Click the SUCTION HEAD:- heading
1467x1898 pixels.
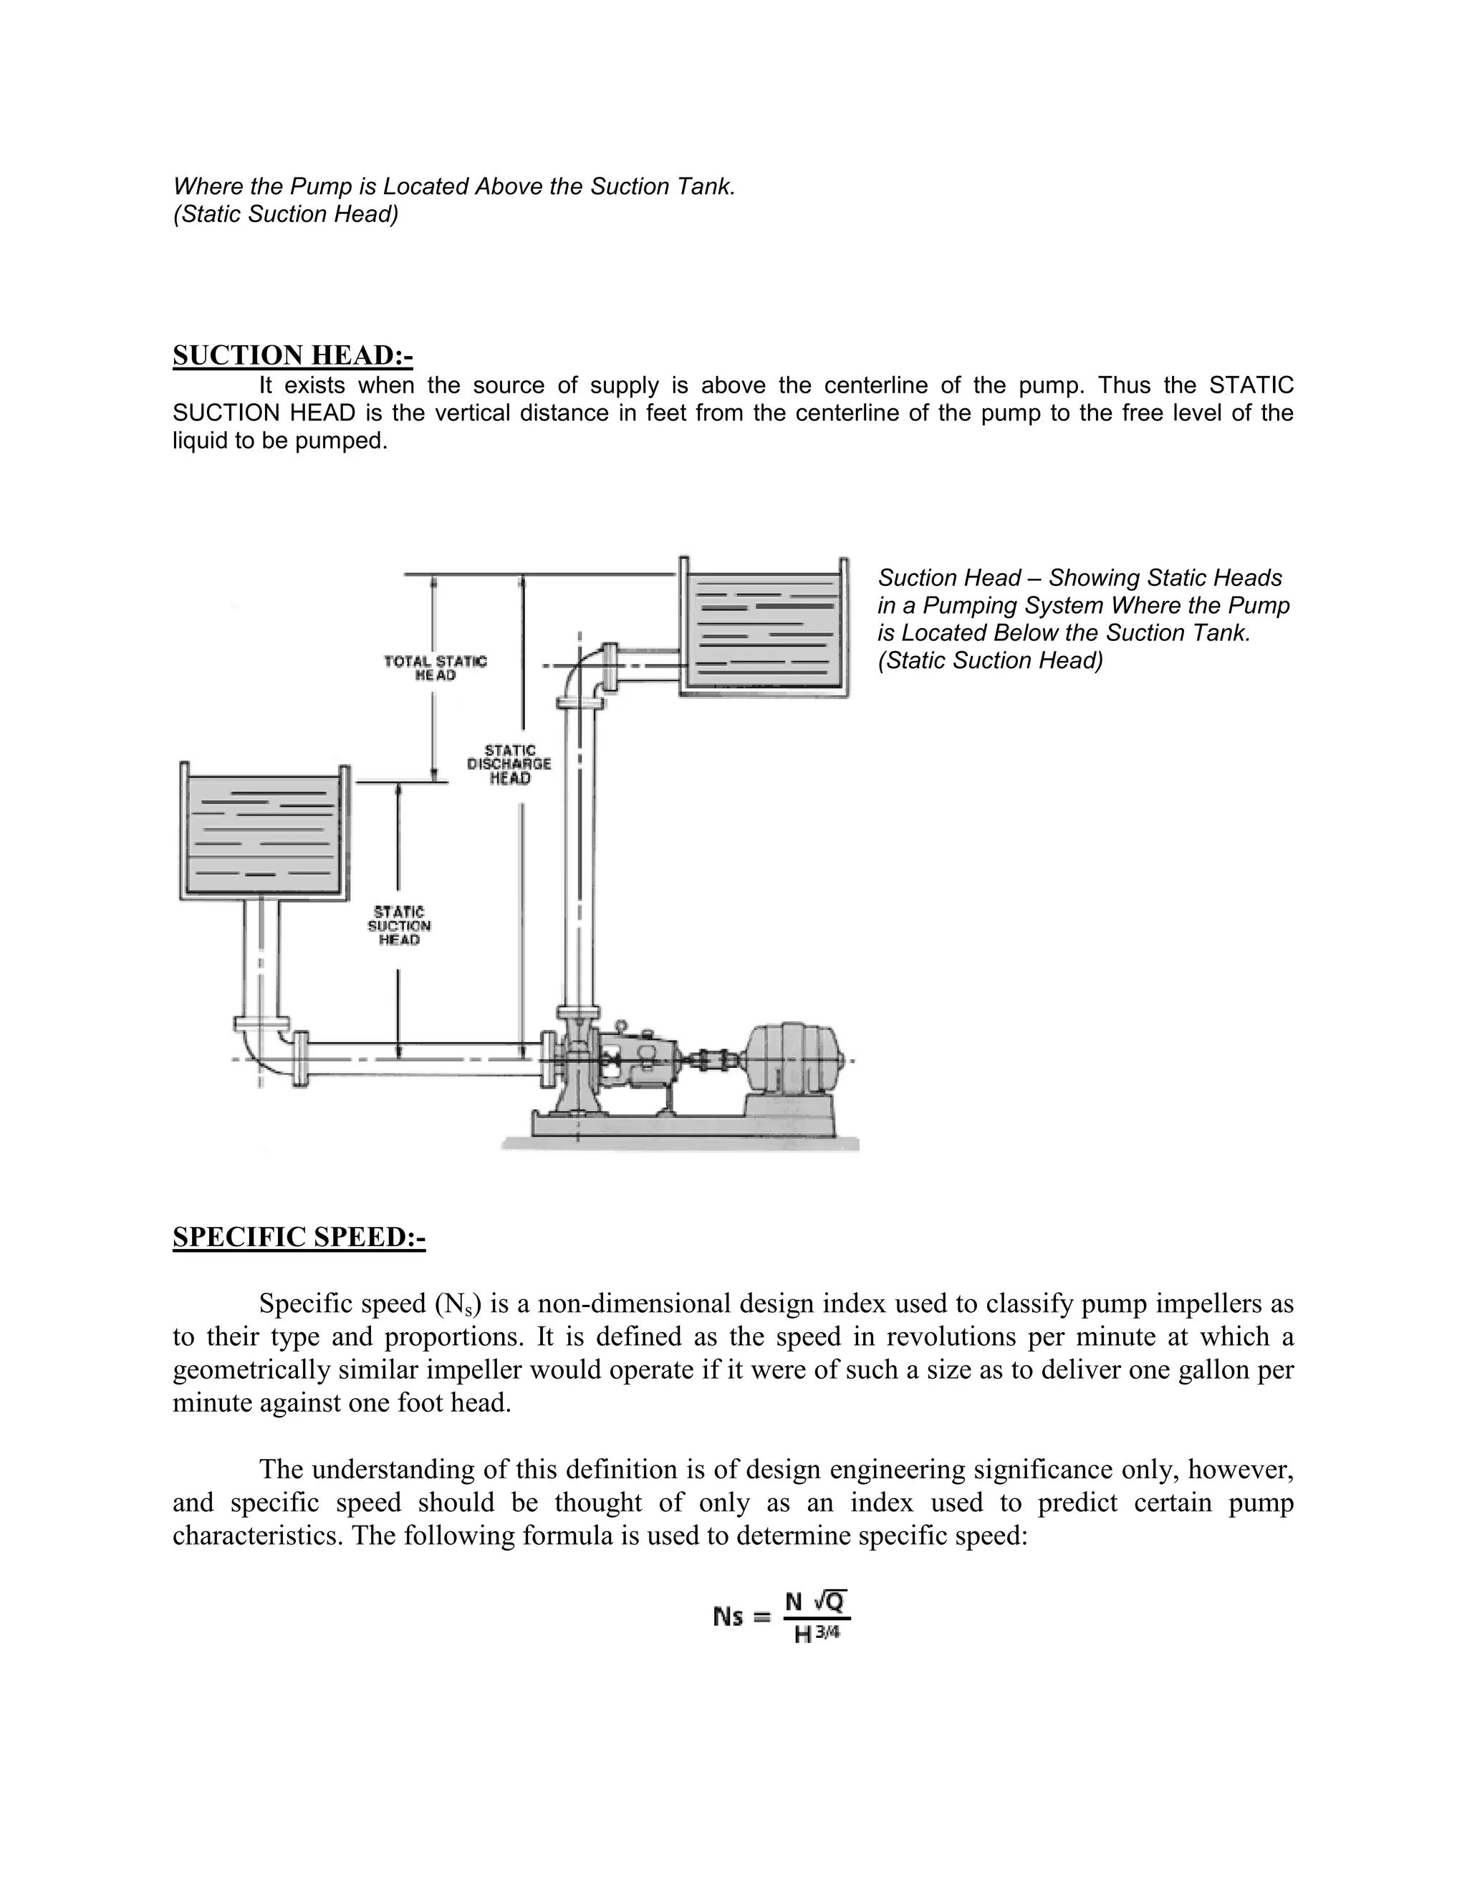(x=292, y=355)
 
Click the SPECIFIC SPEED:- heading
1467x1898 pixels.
(x=299, y=1237)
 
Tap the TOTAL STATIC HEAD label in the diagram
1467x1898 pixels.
(x=436, y=668)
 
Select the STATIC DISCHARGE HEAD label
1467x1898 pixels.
(x=509, y=764)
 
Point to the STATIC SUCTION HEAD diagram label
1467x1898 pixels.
(x=399, y=925)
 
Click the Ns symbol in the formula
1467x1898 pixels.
(x=728, y=1617)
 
